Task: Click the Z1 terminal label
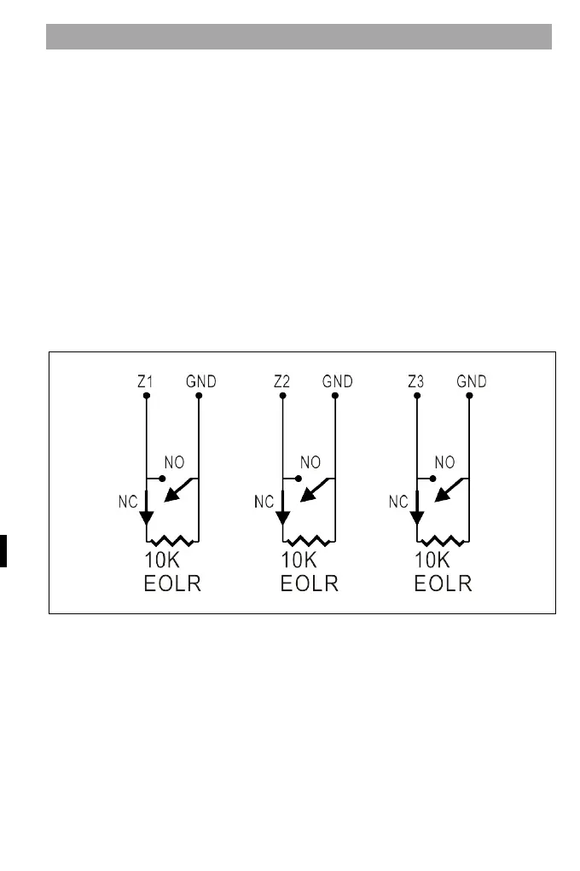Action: coord(146,381)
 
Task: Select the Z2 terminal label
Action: coord(282,381)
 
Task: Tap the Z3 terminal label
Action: coord(416,381)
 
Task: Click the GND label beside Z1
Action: coord(201,381)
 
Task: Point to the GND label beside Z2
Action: coord(337,381)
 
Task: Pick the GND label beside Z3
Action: coord(471,381)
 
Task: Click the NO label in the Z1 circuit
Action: coord(174,462)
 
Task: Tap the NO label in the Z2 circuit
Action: coord(310,462)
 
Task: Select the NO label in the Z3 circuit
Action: coord(444,462)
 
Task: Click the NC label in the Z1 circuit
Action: coord(126,502)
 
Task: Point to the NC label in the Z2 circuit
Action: coord(264,502)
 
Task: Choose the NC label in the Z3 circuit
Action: coord(398,502)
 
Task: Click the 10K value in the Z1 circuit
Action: coord(164,562)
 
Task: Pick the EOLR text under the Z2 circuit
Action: coord(310,584)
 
